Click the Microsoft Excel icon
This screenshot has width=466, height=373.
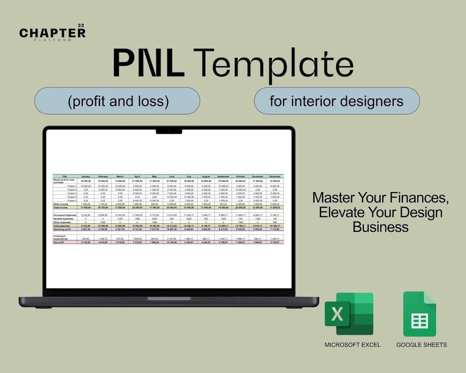click(349, 313)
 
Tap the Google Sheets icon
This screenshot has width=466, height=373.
click(419, 314)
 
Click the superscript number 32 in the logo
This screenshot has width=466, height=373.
click(81, 26)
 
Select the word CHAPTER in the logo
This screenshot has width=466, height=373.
click(52, 33)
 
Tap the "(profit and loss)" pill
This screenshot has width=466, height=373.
click(117, 101)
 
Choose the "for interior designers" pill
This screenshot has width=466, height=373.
click(337, 101)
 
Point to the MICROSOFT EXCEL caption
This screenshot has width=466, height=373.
click(353, 345)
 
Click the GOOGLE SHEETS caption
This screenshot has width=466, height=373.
click(422, 345)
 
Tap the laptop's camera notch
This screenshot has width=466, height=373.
click(169, 130)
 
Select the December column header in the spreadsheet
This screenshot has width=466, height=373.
click(274, 176)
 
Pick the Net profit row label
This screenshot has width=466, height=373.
click(59, 242)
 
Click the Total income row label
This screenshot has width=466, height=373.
click(60, 208)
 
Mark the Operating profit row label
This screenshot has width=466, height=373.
click(62, 229)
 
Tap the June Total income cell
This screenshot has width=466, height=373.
click(171, 208)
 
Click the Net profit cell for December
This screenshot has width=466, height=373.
click(274, 242)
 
